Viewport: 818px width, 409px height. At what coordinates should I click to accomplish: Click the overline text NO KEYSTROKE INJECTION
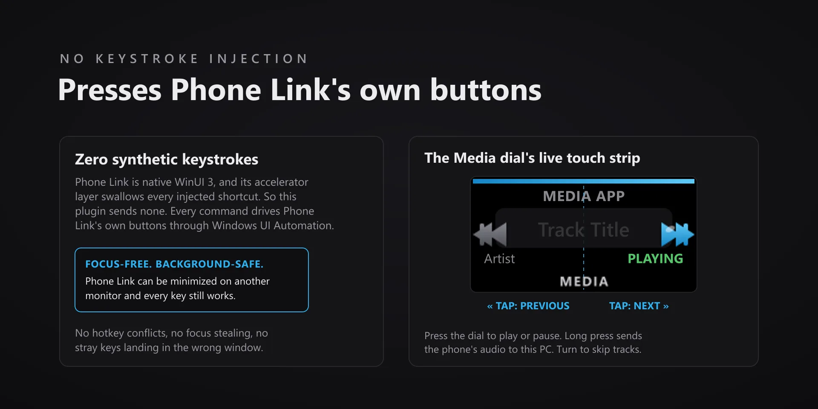(x=184, y=59)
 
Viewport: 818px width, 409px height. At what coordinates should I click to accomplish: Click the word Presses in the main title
(x=110, y=90)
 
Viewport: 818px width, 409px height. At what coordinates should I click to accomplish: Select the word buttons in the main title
(x=486, y=90)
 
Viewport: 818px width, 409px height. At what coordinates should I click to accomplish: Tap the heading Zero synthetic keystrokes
(x=167, y=159)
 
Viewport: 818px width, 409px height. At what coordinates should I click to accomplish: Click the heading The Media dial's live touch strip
(x=532, y=158)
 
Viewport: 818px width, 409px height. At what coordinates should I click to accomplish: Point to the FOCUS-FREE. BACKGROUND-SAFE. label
(x=174, y=264)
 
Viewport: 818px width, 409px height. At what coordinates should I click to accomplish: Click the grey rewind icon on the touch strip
(x=490, y=234)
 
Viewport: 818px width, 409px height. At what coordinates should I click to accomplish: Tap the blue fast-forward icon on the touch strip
(x=677, y=234)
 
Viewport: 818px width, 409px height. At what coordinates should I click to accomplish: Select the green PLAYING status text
(x=655, y=259)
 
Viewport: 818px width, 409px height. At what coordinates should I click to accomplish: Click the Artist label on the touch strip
(x=499, y=259)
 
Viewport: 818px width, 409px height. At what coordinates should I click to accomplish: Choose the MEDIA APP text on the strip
(x=584, y=196)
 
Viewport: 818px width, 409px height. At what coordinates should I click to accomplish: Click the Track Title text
(x=584, y=230)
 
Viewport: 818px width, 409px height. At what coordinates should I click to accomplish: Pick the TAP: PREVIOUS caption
(x=528, y=306)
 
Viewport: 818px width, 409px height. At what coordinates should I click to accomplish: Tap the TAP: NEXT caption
(x=639, y=306)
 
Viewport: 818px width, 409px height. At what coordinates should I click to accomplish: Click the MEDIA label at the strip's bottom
(x=584, y=282)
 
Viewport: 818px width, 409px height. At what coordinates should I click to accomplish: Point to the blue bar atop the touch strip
(x=584, y=181)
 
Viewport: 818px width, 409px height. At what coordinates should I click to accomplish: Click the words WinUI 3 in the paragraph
(x=194, y=182)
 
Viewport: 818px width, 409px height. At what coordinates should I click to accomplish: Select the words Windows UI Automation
(x=273, y=226)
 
